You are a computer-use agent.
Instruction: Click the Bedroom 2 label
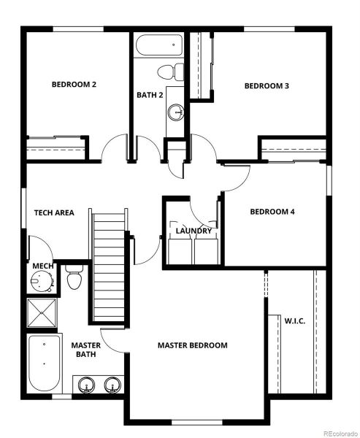[x=74, y=85]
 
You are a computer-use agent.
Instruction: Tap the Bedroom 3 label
[x=267, y=86]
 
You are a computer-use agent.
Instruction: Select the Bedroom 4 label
[x=272, y=212]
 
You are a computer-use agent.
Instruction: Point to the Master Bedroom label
[x=193, y=345]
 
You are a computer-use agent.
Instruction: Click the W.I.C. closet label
[x=294, y=320]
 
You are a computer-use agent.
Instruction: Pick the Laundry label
[x=194, y=231]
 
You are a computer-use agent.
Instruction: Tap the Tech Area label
[x=54, y=213]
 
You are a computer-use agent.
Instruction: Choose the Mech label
[x=42, y=266]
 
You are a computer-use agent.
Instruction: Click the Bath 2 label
[x=150, y=95]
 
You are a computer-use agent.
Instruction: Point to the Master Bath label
[x=85, y=350]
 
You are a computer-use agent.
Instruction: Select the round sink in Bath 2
[x=175, y=112]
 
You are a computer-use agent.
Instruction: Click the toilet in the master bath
[x=73, y=278]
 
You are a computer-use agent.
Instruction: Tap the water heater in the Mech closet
[x=40, y=280]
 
